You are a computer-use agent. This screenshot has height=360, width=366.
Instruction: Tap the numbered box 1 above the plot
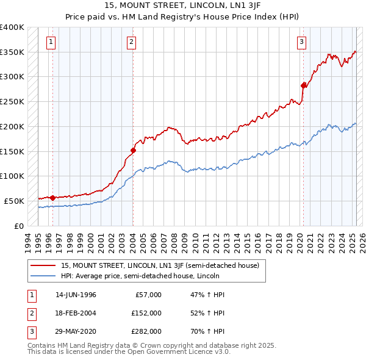click(x=51, y=42)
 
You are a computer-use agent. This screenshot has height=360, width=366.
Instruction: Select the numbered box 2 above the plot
click(x=132, y=42)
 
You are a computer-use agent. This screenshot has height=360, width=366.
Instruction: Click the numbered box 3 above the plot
click(x=301, y=42)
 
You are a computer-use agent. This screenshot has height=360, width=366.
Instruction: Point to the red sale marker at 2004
click(x=133, y=149)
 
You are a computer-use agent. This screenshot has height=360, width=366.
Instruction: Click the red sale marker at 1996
click(x=52, y=197)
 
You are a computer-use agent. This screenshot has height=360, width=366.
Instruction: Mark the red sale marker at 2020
click(x=304, y=85)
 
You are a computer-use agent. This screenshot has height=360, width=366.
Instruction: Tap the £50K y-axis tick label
click(x=15, y=201)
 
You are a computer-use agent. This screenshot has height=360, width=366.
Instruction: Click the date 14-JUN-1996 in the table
click(x=76, y=295)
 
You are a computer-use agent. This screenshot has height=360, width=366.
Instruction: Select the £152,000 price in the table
click(x=146, y=313)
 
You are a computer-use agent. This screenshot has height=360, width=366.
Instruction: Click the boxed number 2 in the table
click(x=30, y=313)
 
